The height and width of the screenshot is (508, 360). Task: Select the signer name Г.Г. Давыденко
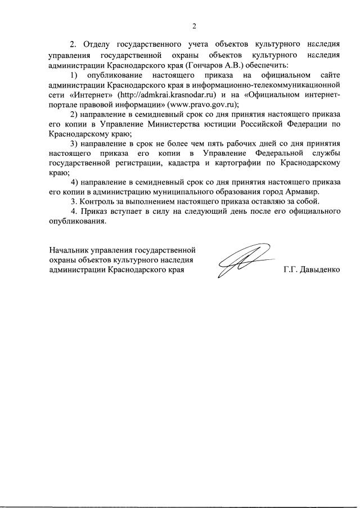pos(312,270)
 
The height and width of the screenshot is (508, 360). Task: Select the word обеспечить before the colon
pos(246,66)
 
